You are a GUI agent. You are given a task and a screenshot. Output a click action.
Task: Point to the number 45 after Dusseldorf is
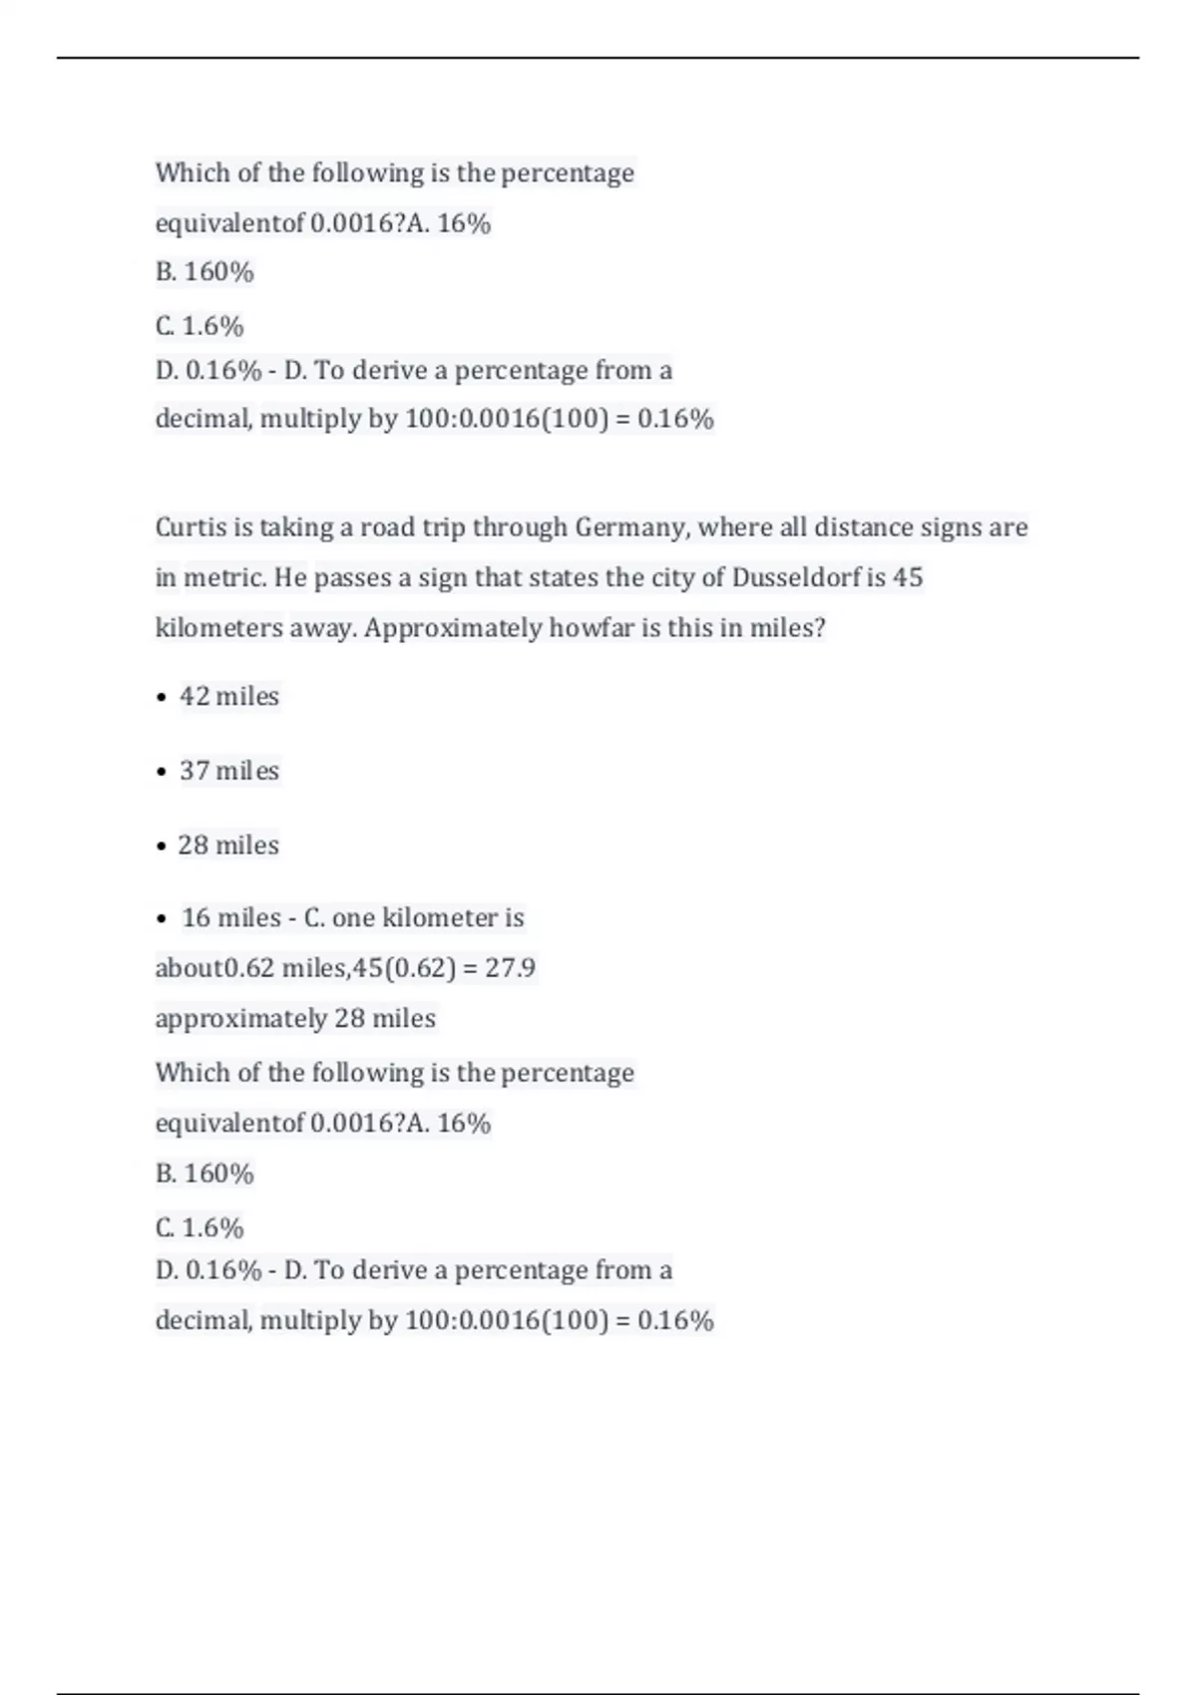click(x=908, y=578)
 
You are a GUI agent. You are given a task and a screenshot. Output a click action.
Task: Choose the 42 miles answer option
click(x=228, y=696)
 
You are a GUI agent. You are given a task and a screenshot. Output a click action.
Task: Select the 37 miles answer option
click(x=228, y=771)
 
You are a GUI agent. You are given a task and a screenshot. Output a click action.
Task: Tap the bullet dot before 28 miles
click(x=162, y=847)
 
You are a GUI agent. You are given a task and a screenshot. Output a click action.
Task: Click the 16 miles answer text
click(x=230, y=917)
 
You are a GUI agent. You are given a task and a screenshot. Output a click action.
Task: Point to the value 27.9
click(x=510, y=968)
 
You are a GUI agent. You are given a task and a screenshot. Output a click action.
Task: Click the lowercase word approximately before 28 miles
click(x=240, y=1019)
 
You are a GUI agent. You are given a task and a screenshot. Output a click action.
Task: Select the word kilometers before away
click(x=218, y=628)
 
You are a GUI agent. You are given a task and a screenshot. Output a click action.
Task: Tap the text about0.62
click(x=214, y=968)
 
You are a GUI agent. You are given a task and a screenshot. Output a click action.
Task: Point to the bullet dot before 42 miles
click(x=162, y=698)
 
